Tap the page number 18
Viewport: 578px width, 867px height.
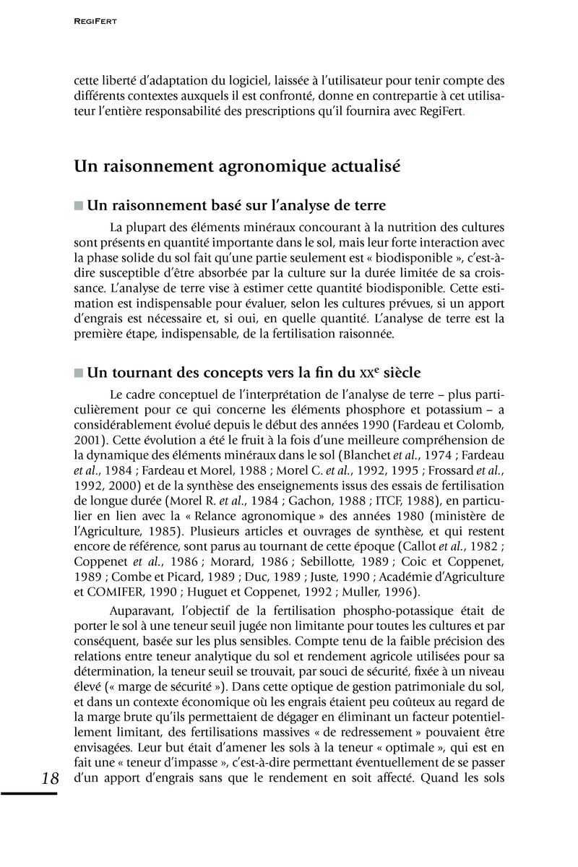click(51, 778)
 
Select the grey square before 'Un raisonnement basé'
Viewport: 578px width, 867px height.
click(79, 206)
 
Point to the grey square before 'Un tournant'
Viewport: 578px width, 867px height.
click(79, 373)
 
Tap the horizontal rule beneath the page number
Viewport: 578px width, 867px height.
click(29, 793)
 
